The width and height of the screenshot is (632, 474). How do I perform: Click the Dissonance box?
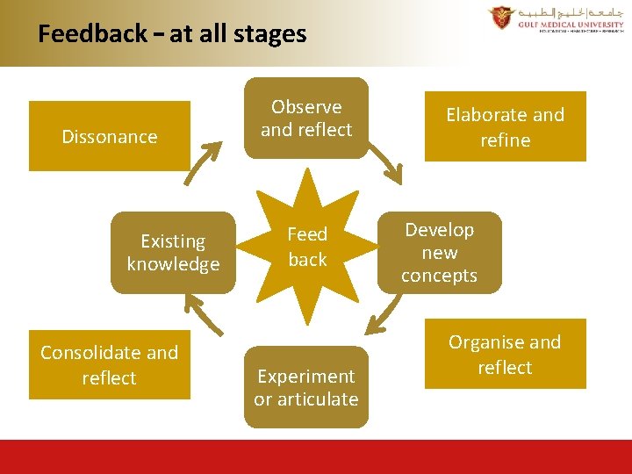[110, 136]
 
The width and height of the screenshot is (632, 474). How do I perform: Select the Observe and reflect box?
[306, 118]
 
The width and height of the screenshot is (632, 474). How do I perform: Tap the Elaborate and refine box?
[505, 127]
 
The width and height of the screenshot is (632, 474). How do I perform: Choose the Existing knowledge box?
[173, 253]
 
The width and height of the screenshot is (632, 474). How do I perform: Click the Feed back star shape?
[307, 247]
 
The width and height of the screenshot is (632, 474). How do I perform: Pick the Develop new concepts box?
[439, 253]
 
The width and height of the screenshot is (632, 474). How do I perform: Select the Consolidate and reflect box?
[110, 365]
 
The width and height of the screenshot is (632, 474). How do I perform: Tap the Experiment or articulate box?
[306, 388]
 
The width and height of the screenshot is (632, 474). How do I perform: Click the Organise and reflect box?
[505, 355]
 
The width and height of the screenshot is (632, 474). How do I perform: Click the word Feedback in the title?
[92, 34]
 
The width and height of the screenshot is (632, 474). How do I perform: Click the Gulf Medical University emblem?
[501, 17]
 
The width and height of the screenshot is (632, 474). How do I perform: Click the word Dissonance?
[110, 136]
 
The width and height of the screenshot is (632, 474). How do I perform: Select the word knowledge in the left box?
[173, 264]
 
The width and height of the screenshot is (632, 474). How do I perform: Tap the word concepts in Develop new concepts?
[439, 276]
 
